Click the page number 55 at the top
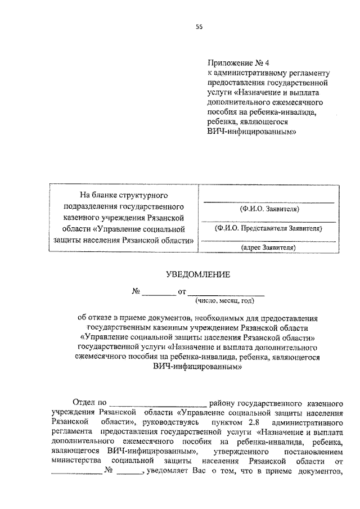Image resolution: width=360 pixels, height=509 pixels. [x=199, y=26]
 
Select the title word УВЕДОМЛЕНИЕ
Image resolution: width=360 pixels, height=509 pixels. [x=199, y=274]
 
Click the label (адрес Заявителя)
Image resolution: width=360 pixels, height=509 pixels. [x=268, y=247]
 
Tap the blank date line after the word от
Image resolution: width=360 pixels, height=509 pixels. [x=226, y=292]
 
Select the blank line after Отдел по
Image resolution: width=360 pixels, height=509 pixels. [x=158, y=403]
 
